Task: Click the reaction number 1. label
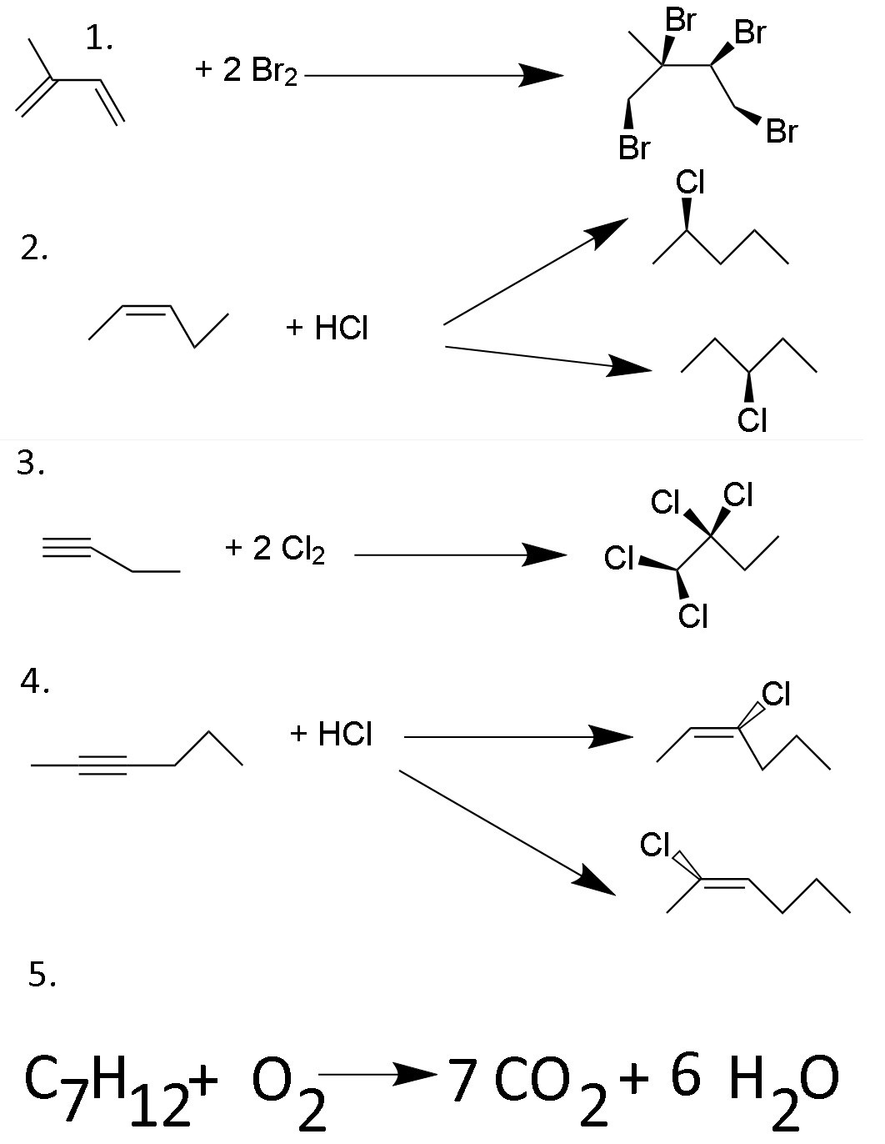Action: pos(99,39)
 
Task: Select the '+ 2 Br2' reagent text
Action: pos(246,71)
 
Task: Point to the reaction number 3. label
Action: pos(31,464)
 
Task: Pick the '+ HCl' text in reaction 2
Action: pos(327,329)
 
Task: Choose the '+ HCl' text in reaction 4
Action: pos(331,734)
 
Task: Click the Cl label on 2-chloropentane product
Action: pos(691,183)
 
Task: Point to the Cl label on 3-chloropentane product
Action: pos(752,420)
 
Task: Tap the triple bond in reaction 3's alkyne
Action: pos(67,547)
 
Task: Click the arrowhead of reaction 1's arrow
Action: pos(540,76)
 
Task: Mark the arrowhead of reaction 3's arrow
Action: pos(545,554)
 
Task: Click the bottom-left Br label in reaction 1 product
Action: pos(634,148)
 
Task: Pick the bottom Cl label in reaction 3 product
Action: pos(692,616)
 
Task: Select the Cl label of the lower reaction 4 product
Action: pos(655,845)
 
